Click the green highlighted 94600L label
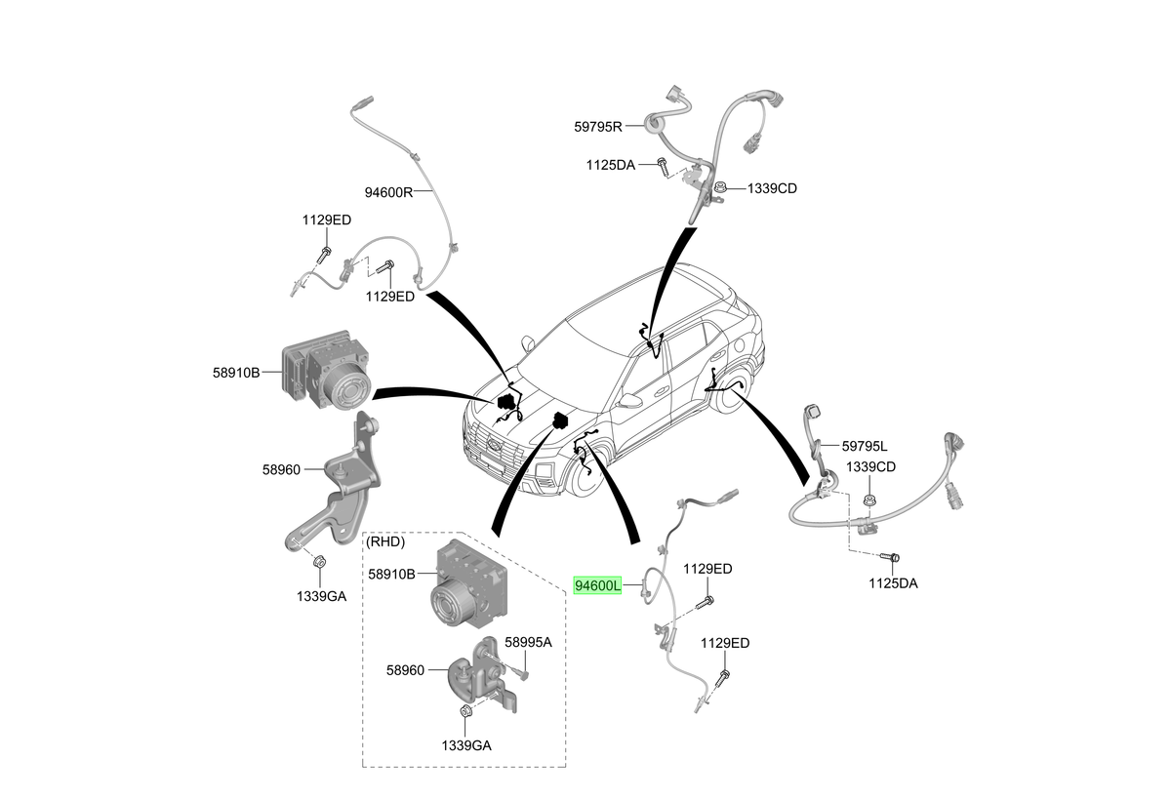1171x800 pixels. click(x=597, y=585)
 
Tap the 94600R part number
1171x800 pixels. click(x=388, y=192)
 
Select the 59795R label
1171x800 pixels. click(x=598, y=127)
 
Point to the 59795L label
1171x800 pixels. click(x=865, y=446)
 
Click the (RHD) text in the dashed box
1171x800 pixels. click(x=385, y=541)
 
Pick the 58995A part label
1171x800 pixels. click(x=528, y=642)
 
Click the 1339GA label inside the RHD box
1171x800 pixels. click(x=466, y=745)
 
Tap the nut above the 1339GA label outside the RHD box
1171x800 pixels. click(x=319, y=562)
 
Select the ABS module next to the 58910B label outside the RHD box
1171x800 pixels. click(x=326, y=371)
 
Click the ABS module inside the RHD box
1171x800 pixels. click(x=469, y=583)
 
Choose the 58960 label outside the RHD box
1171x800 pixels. click(x=281, y=470)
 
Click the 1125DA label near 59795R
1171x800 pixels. click(x=610, y=165)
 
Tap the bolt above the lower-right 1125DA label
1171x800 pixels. click(x=890, y=557)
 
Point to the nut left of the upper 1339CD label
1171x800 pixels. click(x=720, y=188)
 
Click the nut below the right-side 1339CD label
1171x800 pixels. click(x=868, y=500)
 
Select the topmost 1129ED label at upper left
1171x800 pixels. click(x=326, y=220)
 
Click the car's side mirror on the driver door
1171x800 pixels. click(x=630, y=401)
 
